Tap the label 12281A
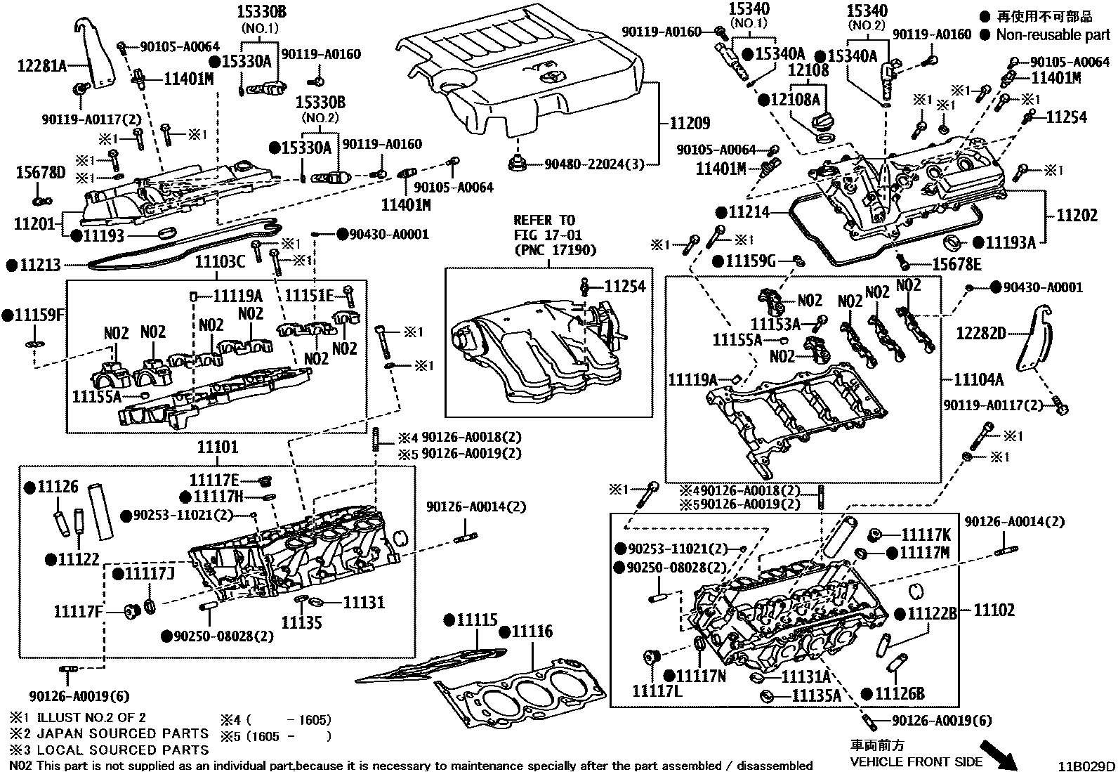41,67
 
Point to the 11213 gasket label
40,266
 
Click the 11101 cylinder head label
217,447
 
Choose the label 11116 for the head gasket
532,632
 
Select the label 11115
476,620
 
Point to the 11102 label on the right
994,610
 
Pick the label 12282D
981,334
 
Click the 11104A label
979,380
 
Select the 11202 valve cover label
1077,215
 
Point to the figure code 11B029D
1087,765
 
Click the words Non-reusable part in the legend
1053,34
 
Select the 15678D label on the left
40,173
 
